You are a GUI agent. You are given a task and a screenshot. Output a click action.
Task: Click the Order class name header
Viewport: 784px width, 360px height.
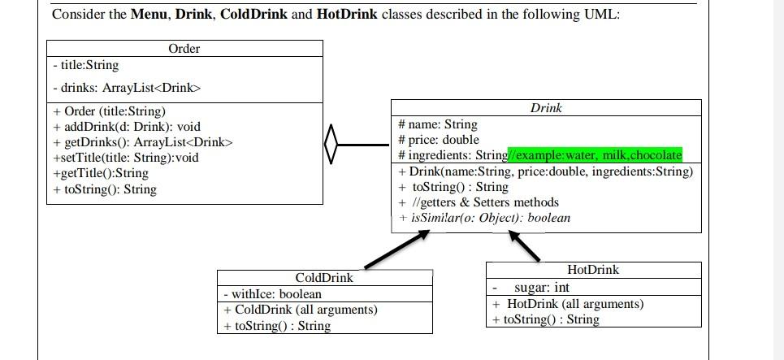pos(184,49)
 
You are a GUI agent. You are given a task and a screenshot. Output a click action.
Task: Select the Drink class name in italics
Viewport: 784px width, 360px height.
pos(546,108)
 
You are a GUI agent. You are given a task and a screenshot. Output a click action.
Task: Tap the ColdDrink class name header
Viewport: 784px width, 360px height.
pos(324,278)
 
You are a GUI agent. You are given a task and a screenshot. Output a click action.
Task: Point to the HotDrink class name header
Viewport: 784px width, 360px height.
pos(592,270)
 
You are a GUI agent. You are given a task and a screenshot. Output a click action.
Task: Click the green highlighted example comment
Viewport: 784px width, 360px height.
pos(595,155)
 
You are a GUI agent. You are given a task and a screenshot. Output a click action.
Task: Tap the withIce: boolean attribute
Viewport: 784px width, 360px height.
pos(271,294)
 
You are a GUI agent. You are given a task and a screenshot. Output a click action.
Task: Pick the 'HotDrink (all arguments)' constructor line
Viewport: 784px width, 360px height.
pos(568,304)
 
